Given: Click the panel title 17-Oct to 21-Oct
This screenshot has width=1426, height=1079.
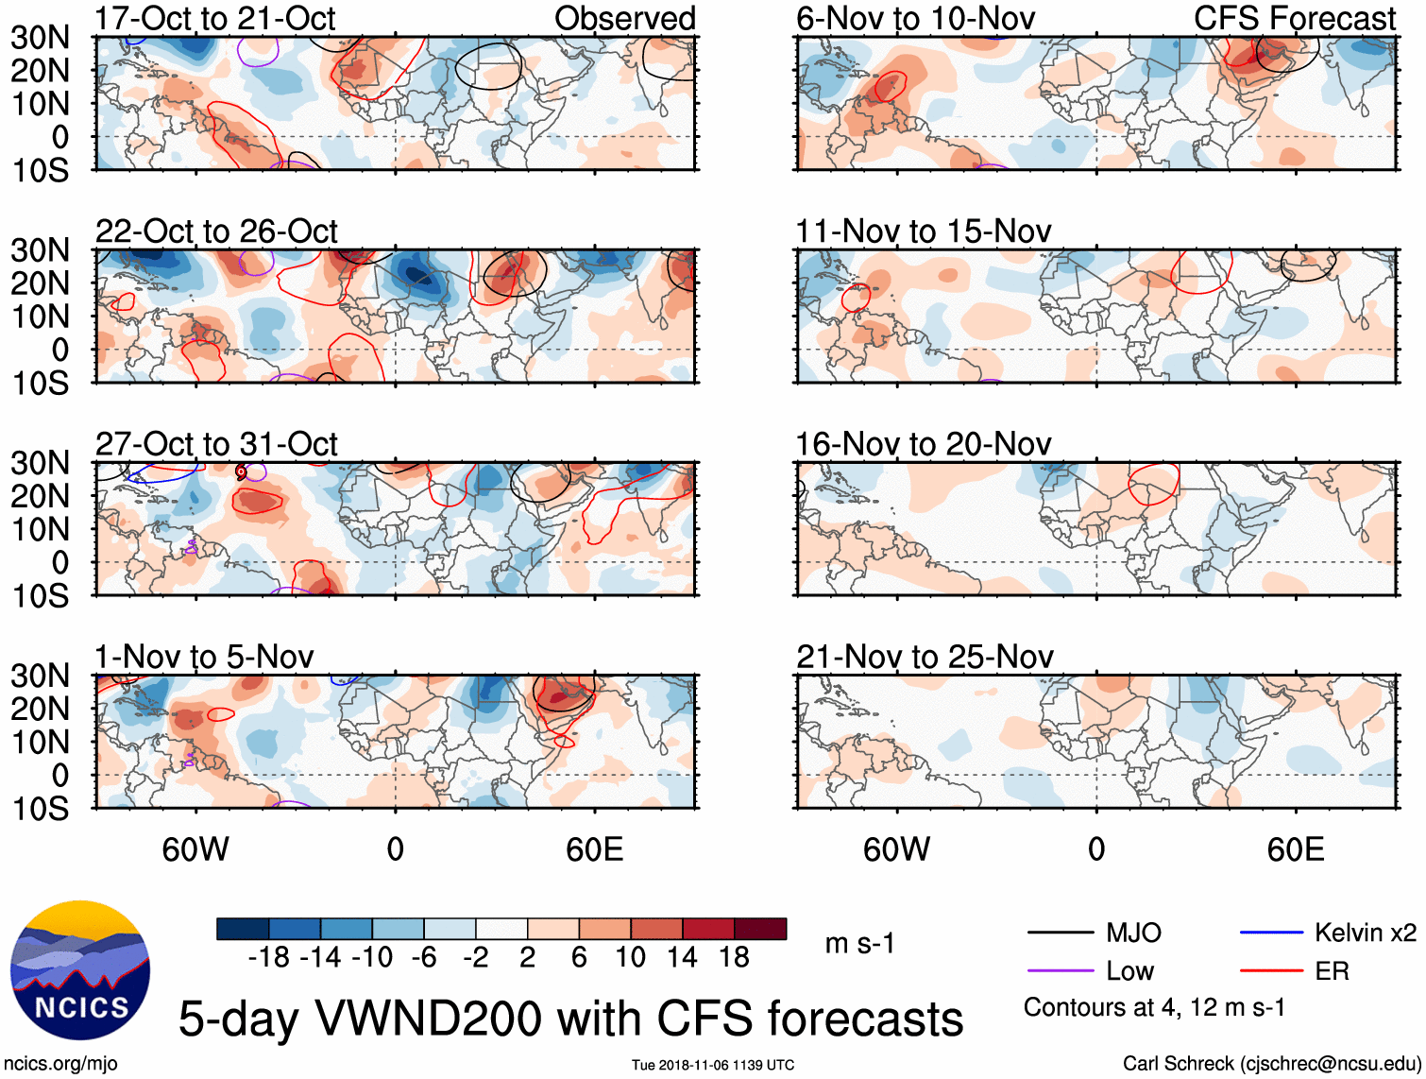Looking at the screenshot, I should [215, 18].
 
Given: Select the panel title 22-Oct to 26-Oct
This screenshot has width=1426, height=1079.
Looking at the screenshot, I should [216, 231].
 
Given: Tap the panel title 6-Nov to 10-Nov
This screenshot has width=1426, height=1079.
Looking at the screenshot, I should [915, 18].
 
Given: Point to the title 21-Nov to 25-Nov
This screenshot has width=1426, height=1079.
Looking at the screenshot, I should [925, 657].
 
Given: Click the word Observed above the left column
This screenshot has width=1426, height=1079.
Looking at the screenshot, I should [625, 18].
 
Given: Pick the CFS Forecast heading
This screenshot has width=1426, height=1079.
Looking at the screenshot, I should [1295, 18].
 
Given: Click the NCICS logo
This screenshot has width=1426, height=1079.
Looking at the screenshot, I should [80, 970].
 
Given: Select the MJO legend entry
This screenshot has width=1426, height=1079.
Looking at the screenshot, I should [1133, 933].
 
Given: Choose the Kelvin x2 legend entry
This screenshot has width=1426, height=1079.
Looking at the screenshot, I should [1365, 933].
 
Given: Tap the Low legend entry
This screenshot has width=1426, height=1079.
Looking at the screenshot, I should [1129, 971].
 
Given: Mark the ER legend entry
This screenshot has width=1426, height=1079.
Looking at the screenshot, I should [1332, 971].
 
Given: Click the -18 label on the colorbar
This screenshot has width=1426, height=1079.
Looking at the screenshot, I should [269, 958].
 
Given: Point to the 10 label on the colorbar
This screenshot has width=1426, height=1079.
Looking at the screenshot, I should [631, 958].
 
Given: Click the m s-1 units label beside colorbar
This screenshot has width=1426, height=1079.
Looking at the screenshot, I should [859, 944].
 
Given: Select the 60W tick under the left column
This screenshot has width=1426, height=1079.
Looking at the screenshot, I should [195, 849].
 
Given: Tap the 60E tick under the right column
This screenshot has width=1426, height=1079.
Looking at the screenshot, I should [1296, 849].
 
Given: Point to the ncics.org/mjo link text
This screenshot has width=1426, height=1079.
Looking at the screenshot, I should [60, 1064].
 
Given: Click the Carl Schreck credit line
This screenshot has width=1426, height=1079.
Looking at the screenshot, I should [1271, 1064].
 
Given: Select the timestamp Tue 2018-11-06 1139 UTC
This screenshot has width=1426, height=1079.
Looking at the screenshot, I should [713, 1066].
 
